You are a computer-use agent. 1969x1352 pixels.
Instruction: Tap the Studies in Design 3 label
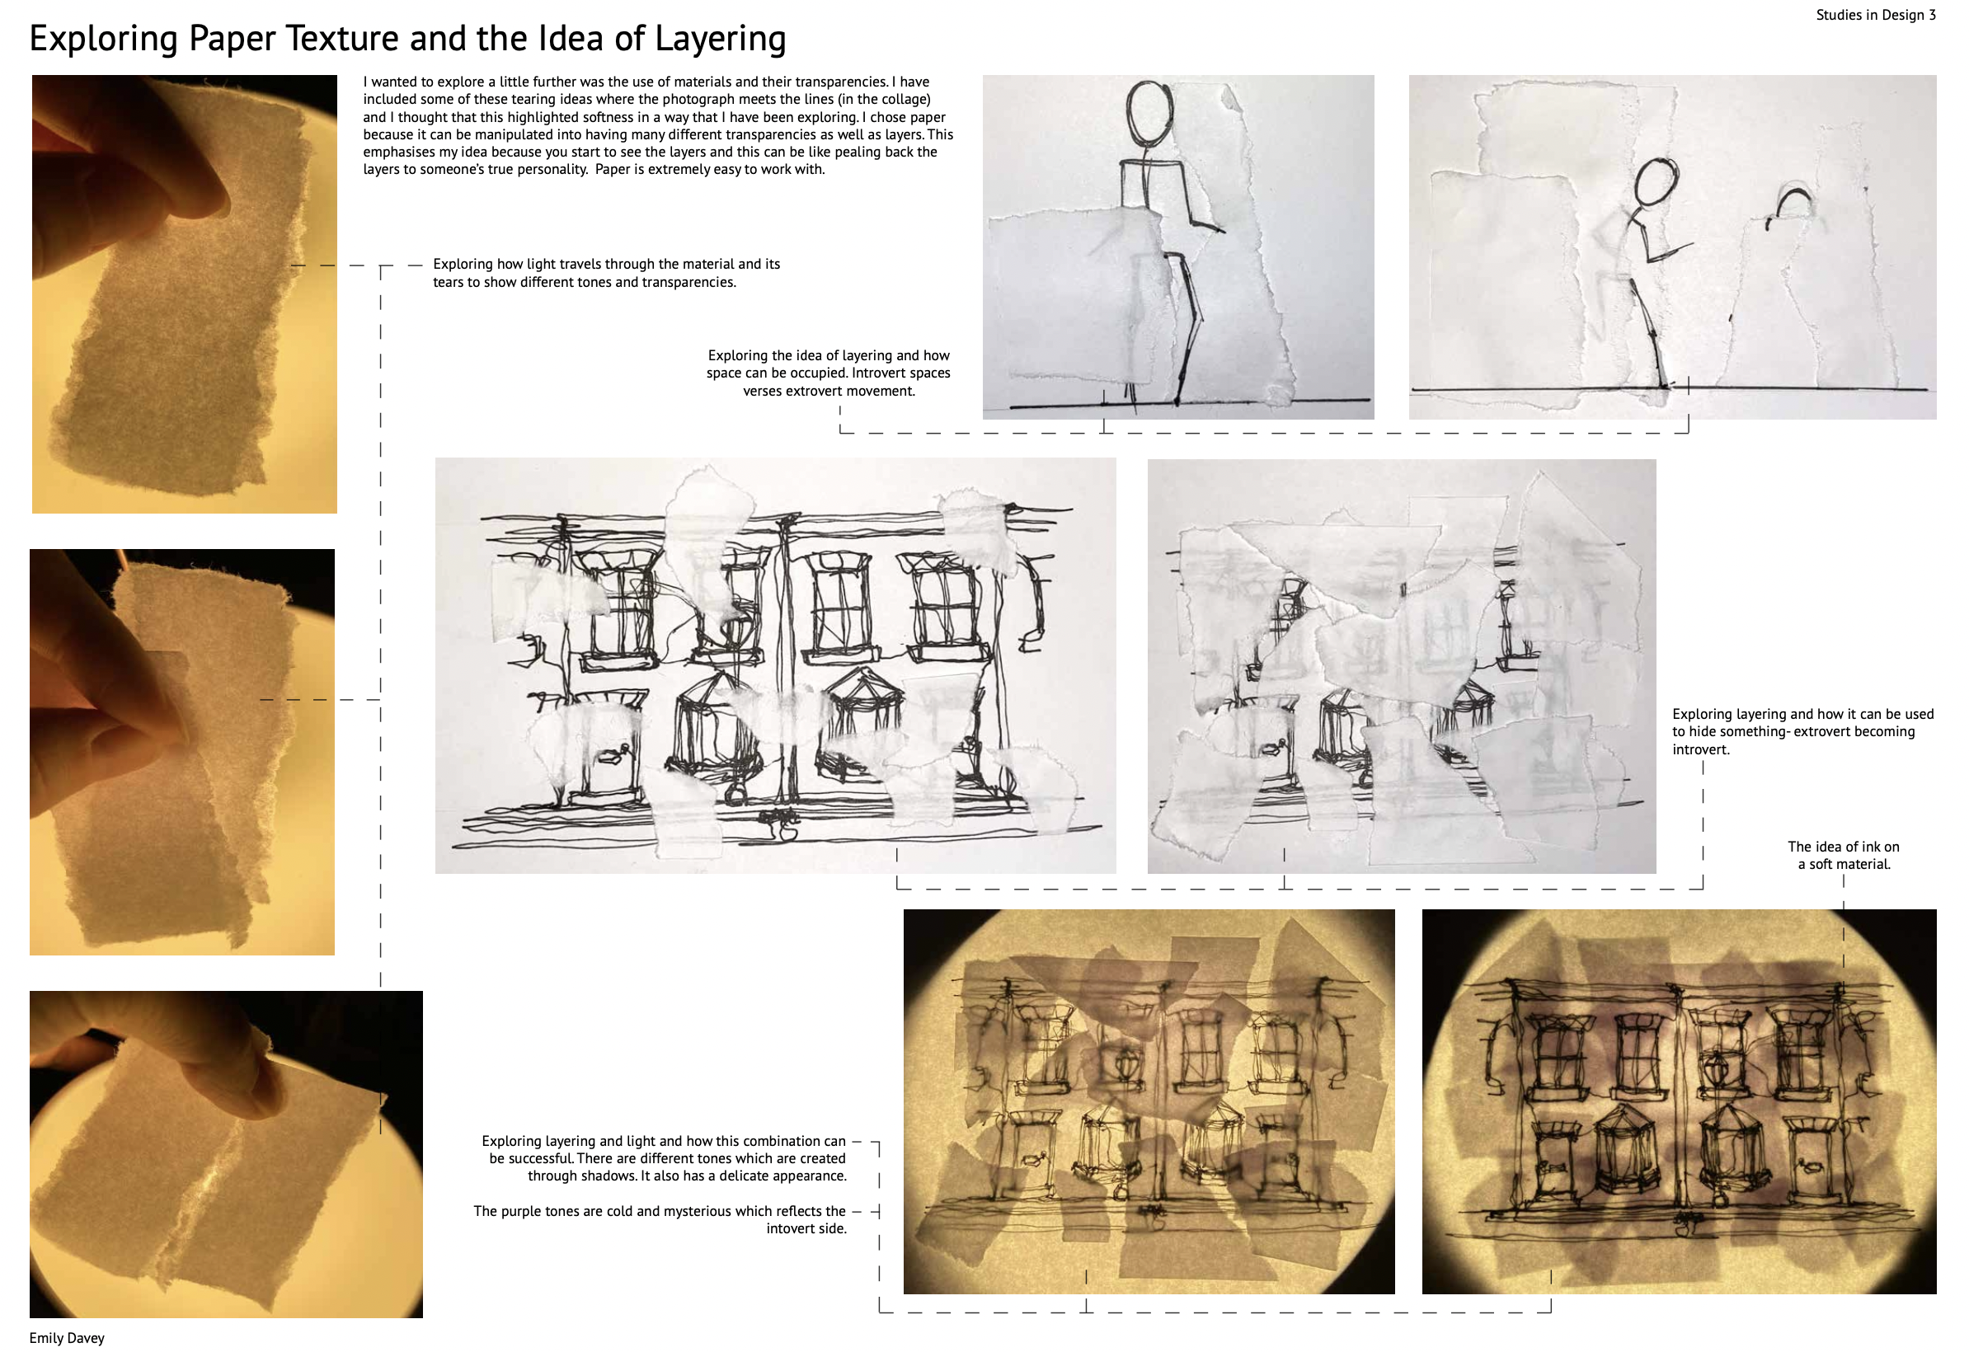pos(1876,15)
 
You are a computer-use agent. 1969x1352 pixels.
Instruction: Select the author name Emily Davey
pos(67,1338)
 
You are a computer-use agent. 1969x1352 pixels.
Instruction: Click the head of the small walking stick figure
pos(1656,181)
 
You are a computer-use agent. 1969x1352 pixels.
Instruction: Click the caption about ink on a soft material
pos(1843,855)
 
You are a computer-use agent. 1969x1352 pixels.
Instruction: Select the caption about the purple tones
pos(660,1219)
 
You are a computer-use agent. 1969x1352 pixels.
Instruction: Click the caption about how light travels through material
pos(606,273)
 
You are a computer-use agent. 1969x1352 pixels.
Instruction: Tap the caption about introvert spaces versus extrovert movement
pos(828,373)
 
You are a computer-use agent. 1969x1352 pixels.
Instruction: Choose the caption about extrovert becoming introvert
pos(1803,731)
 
